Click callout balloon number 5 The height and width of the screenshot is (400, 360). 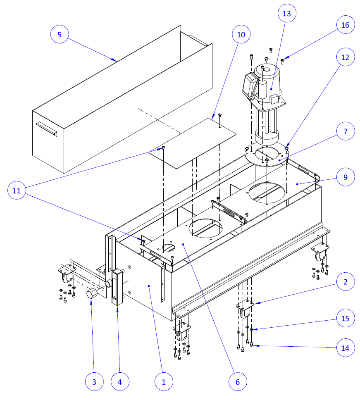[60, 35]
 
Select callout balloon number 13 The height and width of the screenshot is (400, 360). [286, 14]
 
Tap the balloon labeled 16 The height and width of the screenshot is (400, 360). [345, 25]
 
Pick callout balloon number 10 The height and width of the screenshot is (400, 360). [241, 35]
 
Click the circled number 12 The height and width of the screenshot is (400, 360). [345, 57]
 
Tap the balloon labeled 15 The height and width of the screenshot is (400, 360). [345, 319]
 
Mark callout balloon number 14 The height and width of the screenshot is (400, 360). [345, 348]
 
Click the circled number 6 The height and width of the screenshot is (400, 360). [237, 382]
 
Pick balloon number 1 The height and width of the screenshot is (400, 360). [164, 382]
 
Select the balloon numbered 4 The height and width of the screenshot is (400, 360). [120, 382]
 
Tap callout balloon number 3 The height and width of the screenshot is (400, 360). [95, 382]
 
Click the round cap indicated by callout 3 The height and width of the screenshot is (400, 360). [92, 295]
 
